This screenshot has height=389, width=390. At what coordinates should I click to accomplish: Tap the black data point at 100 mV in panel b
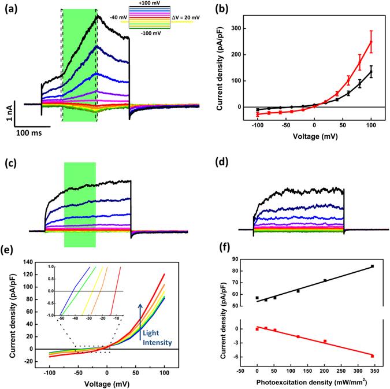[x=371, y=72]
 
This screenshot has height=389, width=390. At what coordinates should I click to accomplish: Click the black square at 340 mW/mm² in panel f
[x=373, y=266]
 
